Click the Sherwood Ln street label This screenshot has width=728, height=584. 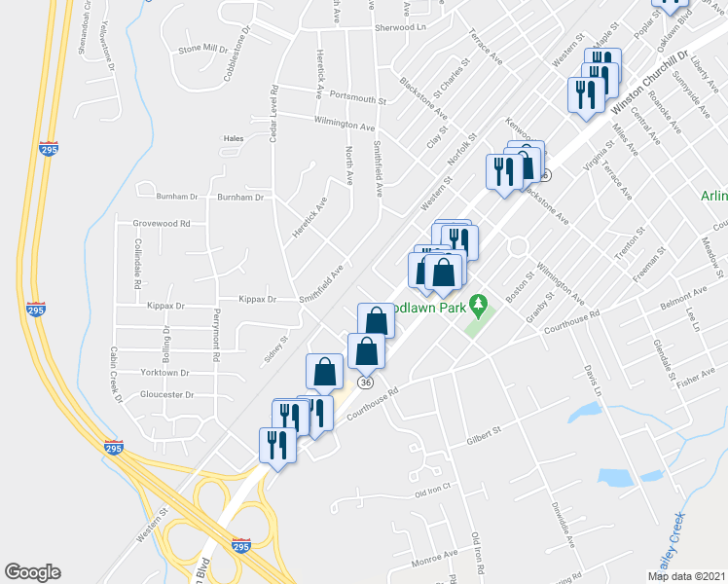tap(402, 28)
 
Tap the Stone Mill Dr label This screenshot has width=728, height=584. tap(202, 49)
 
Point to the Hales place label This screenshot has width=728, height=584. tap(234, 138)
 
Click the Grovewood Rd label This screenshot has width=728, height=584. tap(162, 223)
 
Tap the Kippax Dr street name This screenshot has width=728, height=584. tap(259, 300)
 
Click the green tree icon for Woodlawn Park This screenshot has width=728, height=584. tap(478, 306)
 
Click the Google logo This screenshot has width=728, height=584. tap(33, 572)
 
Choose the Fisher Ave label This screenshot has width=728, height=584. tap(695, 380)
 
